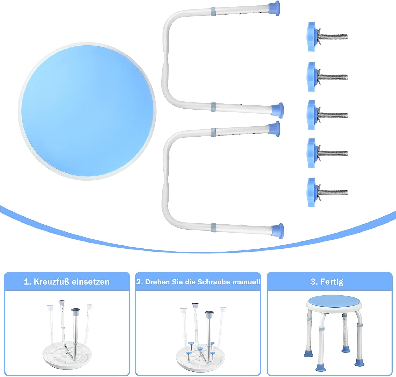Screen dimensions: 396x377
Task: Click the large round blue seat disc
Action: [x=87, y=111]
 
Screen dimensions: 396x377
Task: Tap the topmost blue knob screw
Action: [x=327, y=37]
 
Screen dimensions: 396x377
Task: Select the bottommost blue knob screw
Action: [x=327, y=192]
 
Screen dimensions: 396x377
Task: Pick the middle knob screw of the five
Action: [x=327, y=115]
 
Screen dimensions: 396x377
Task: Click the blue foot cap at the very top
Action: [x=275, y=8]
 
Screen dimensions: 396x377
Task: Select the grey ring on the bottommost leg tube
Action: [x=214, y=227]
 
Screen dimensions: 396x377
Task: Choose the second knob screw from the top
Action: [x=327, y=77]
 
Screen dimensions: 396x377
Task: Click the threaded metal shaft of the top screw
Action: [x=334, y=37]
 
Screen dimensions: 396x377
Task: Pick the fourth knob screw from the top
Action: [x=327, y=153]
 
